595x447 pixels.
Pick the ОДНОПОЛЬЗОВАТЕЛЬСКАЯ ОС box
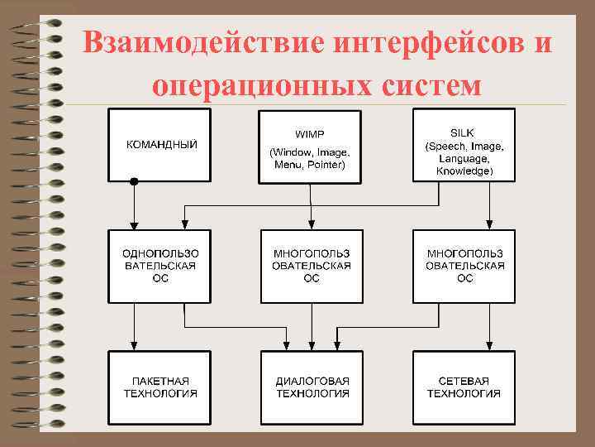pos(159,265)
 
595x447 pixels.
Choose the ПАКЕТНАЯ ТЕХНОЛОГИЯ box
pos(159,387)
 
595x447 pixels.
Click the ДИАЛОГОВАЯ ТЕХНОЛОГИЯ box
pos(312,387)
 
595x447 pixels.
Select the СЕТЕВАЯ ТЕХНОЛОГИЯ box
pos(464,387)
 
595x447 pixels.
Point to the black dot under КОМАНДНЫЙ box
pos(134,181)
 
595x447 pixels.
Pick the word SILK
pos(464,132)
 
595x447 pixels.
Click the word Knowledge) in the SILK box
pos(464,171)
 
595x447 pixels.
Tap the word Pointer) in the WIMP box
pos(326,165)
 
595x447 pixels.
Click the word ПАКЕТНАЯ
pos(160,380)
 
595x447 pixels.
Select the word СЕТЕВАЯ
pos(464,380)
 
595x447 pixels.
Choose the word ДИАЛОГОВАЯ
pos(312,380)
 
